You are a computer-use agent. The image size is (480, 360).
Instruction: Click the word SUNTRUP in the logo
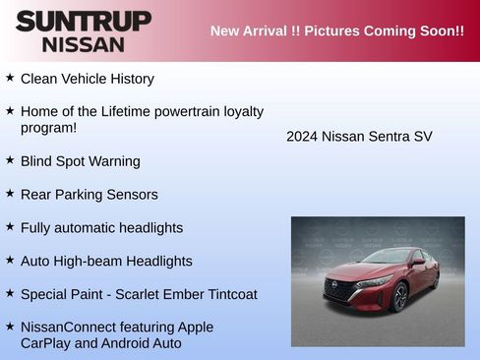click(84, 21)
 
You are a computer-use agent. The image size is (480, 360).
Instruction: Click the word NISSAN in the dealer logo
click(84, 44)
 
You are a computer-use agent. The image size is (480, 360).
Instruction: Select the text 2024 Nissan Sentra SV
click(359, 137)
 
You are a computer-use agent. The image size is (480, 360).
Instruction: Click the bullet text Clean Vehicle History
click(87, 79)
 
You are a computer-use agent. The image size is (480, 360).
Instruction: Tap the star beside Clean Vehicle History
click(10, 77)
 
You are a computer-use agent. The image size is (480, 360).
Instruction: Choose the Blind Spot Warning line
click(80, 161)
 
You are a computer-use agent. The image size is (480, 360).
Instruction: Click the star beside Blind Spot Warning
click(10, 159)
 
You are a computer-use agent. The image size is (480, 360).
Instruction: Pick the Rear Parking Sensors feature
click(89, 195)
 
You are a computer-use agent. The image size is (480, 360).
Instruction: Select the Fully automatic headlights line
click(101, 228)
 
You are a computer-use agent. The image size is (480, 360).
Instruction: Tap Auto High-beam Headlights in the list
click(106, 262)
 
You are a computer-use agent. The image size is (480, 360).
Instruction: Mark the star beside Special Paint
click(10, 293)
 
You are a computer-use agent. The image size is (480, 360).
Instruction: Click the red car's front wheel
click(399, 297)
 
